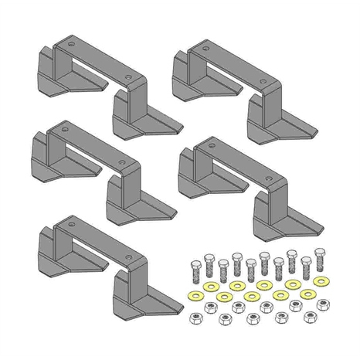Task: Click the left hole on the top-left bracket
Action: [x=72, y=45]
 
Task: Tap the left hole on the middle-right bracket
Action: [x=213, y=148]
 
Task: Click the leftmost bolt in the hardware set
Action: [x=195, y=271]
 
